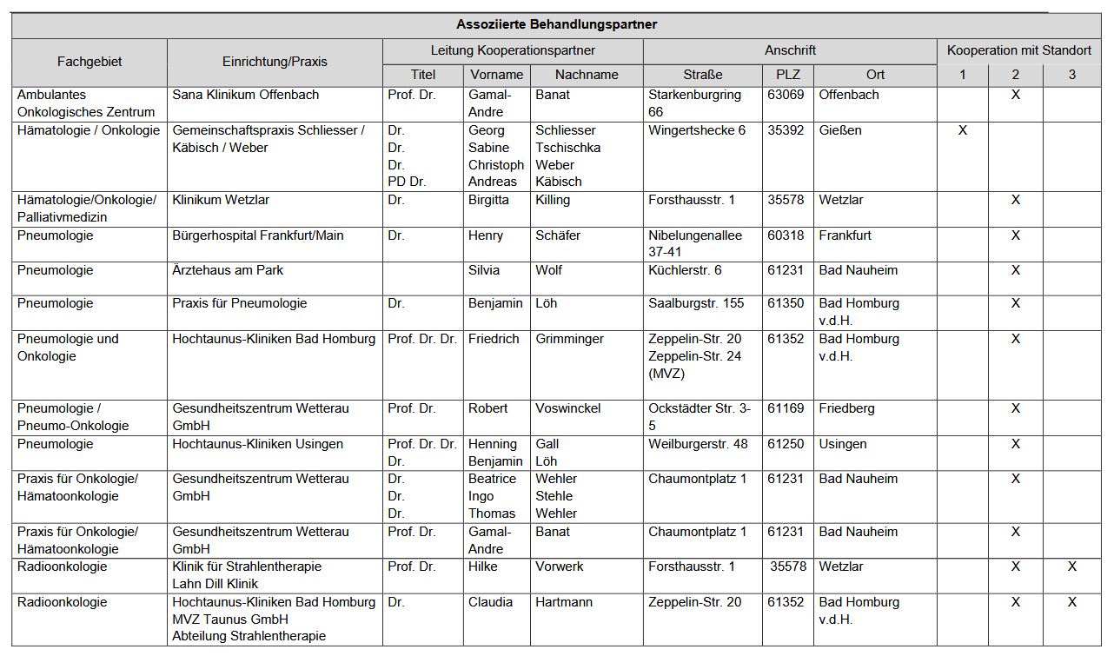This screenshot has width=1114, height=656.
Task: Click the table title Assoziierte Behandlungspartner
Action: click(556, 25)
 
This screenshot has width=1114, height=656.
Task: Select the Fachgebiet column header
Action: click(90, 62)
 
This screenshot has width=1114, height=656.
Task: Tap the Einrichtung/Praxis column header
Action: click(275, 62)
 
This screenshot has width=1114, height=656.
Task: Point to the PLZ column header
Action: click(787, 75)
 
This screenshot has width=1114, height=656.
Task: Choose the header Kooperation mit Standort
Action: click(1018, 50)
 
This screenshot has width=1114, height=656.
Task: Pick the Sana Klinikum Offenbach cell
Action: click(246, 95)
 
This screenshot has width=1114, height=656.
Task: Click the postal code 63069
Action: click(786, 95)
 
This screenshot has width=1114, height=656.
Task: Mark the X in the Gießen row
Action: click(962, 130)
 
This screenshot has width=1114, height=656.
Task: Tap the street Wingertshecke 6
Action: click(697, 130)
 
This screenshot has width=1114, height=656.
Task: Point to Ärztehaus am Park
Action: click(228, 270)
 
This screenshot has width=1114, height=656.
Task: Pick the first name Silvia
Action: click(484, 270)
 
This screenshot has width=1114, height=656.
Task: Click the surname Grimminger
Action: click(569, 339)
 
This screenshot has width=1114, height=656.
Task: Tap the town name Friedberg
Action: click(846, 408)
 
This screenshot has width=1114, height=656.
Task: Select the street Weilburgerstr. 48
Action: click(698, 444)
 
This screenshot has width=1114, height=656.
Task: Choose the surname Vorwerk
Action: click(560, 567)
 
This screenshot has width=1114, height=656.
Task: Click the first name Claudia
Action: click(491, 602)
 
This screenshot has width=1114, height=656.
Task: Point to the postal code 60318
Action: click(786, 235)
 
